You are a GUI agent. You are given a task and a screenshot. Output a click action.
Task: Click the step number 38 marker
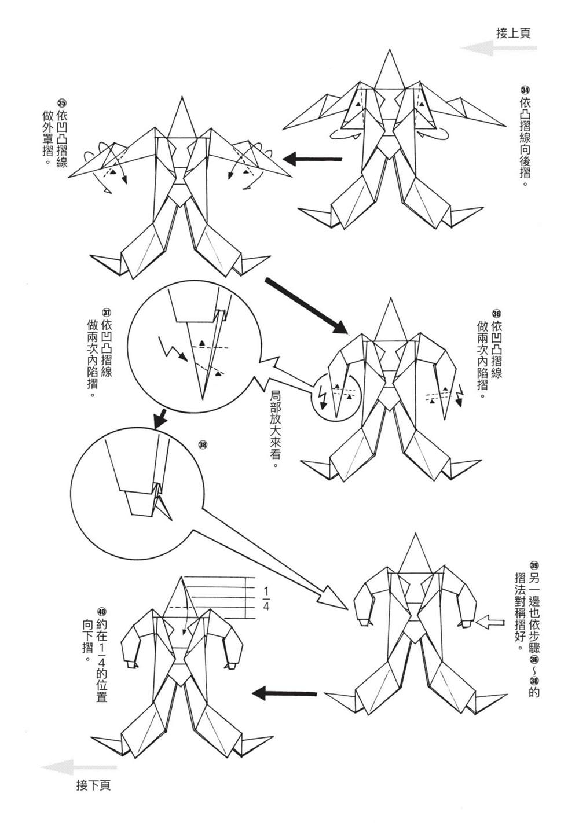(x=202, y=445)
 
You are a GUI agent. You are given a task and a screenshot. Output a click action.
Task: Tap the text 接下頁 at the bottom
(x=93, y=786)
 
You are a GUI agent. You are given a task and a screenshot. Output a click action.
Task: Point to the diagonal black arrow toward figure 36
(x=307, y=306)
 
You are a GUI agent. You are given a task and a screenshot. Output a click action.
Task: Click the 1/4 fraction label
(x=266, y=599)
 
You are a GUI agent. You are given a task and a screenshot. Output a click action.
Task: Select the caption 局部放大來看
(x=277, y=429)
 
